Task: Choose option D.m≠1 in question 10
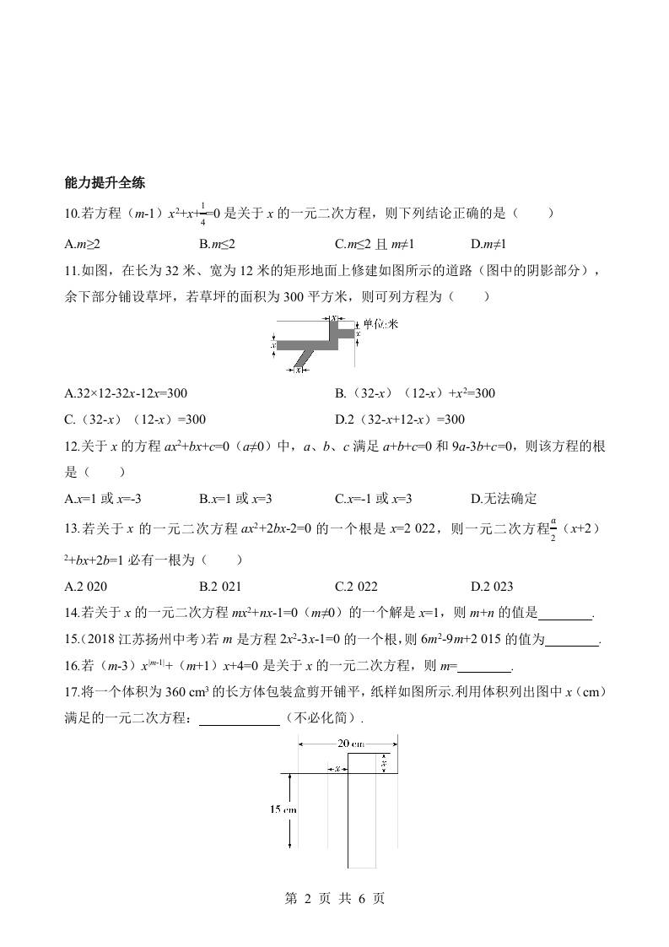(x=488, y=244)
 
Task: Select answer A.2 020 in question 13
(x=85, y=587)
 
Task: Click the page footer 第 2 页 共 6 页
(x=334, y=899)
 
